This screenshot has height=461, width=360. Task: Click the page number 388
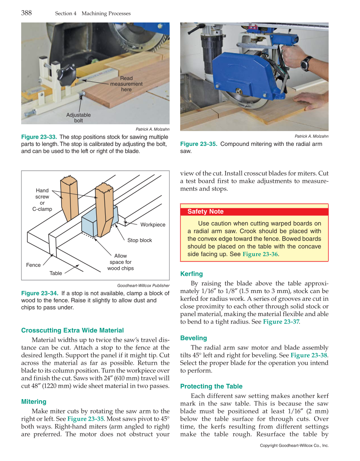point(26,13)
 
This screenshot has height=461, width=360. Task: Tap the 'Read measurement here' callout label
point(126,84)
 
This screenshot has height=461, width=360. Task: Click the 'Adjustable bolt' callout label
point(78,117)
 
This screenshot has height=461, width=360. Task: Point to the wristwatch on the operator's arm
point(305,63)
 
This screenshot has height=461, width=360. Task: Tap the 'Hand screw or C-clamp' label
point(42,200)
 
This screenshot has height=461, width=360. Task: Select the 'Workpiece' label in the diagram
point(153,224)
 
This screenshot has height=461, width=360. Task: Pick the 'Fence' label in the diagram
point(33,265)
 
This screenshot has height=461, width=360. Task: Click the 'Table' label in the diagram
point(56,274)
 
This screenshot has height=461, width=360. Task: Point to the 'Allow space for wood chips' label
point(120,262)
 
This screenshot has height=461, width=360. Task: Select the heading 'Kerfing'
point(192,274)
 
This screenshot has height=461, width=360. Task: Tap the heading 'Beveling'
point(193,338)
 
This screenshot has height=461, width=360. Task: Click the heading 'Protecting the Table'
point(211,386)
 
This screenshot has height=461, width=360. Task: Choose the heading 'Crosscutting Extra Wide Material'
point(73,330)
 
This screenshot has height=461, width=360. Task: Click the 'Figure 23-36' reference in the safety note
point(260,254)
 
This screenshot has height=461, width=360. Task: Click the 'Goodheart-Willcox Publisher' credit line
point(143,285)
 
